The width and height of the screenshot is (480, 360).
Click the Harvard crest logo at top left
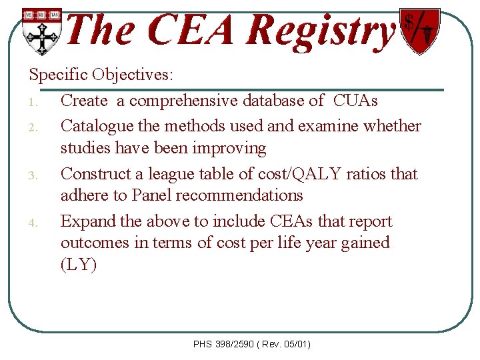coord(41,31)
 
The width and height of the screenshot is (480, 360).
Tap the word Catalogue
coord(99,125)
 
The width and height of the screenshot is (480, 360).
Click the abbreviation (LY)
coord(79,265)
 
